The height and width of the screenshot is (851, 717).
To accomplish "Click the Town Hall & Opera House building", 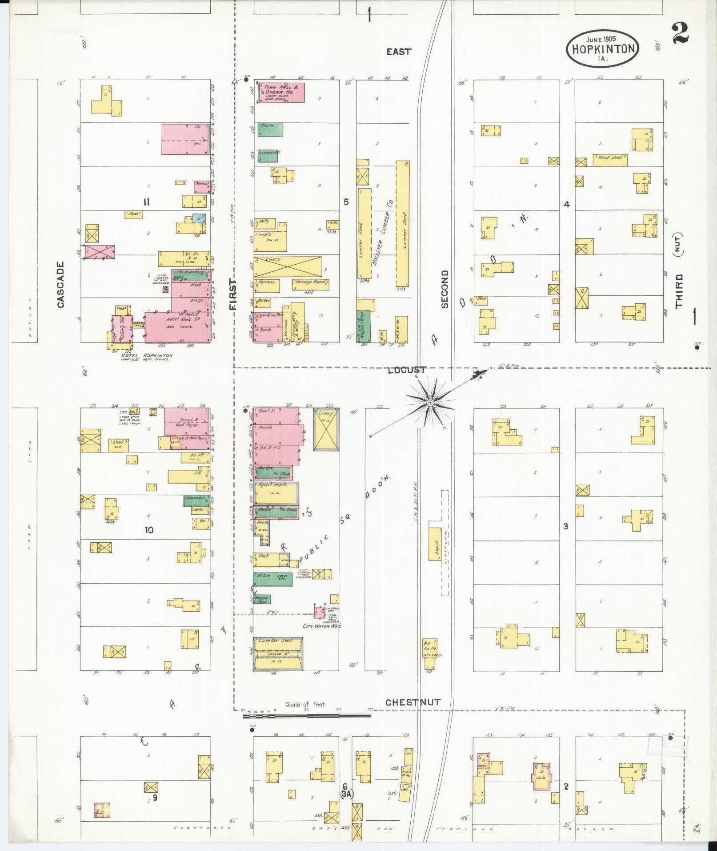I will click(280, 93).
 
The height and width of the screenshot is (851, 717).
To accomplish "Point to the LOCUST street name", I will click(407, 370).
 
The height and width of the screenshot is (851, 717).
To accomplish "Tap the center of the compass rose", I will click(430, 403).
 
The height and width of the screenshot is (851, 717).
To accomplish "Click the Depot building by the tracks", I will click(435, 544).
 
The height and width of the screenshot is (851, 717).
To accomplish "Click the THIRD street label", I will click(679, 291).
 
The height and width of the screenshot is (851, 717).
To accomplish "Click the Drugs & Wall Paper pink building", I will click(186, 421).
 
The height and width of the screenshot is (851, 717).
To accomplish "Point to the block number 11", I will click(146, 202).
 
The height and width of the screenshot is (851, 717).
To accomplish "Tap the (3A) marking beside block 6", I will click(346, 793).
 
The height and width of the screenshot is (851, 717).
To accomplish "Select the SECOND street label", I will click(445, 289).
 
